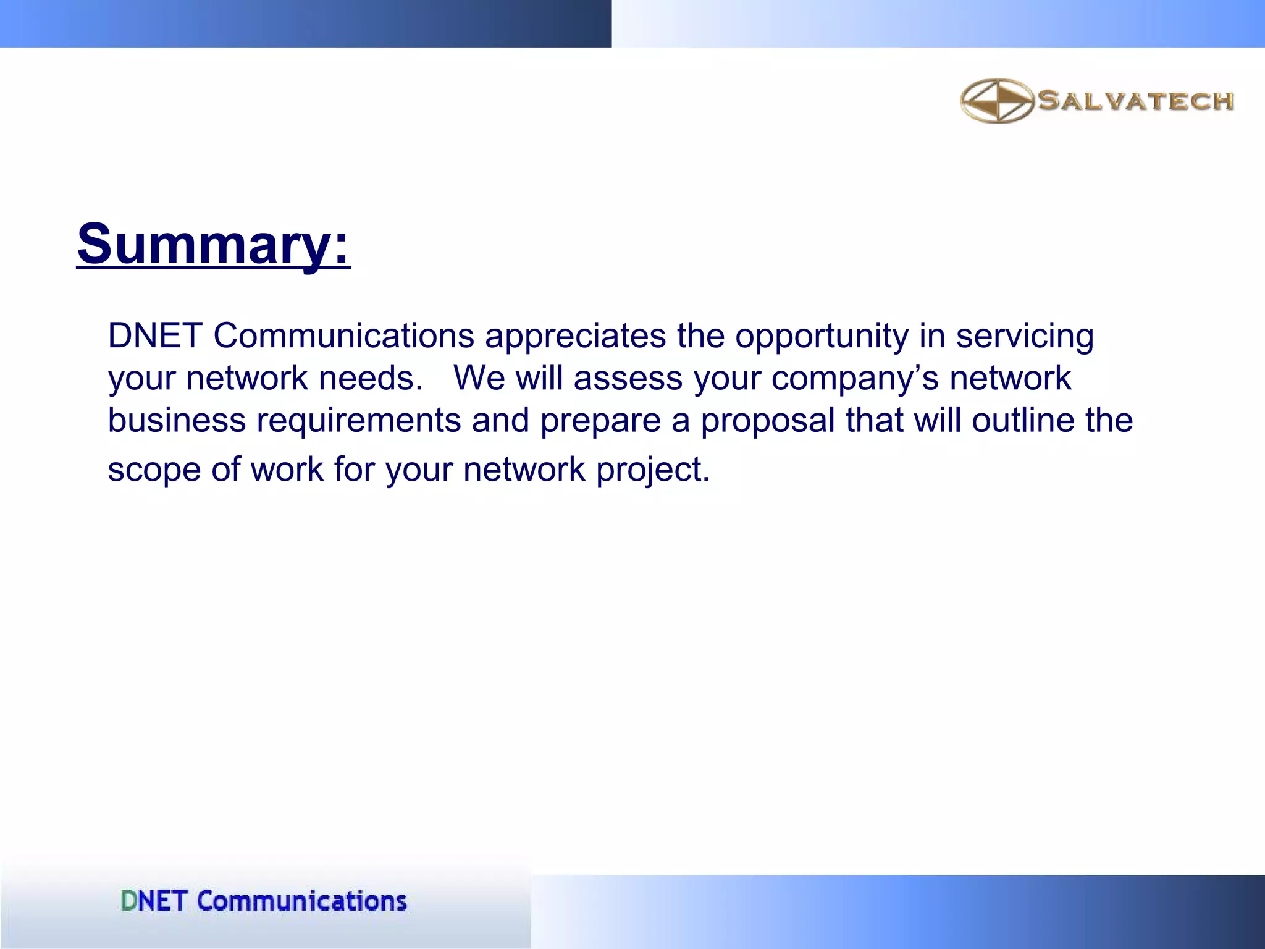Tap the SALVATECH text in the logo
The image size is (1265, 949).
[1135, 101]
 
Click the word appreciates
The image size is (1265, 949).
[575, 336]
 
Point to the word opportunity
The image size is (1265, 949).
[822, 336]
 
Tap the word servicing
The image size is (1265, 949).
[1025, 336]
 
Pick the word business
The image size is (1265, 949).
[177, 420]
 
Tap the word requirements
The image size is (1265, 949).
[358, 420]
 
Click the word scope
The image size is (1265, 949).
[154, 470]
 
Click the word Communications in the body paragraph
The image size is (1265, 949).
[343, 336]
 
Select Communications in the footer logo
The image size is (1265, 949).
[301, 901]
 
